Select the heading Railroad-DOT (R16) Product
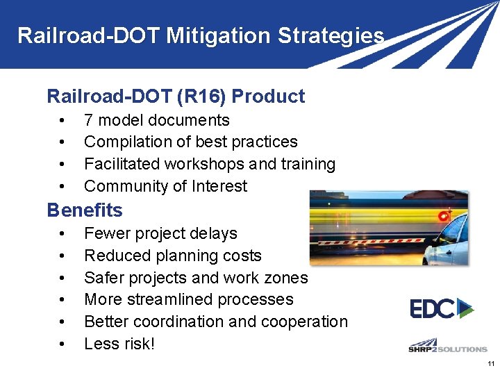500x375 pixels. click(175, 97)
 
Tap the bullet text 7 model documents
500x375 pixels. click(156, 120)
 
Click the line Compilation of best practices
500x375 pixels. click(190, 142)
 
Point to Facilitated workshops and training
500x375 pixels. click(209, 164)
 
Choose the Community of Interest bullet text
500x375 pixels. click(165, 186)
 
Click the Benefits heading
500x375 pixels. click(84, 210)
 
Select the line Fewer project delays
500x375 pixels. click(160, 233)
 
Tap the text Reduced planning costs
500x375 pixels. click(172, 256)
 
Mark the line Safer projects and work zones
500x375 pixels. click(195, 278)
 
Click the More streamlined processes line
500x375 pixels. click(188, 299)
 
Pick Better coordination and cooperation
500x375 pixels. click(215, 322)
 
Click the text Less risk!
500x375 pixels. click(119, 344)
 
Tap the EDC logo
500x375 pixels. click(441, 308)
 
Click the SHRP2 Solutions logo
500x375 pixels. click(447, 347)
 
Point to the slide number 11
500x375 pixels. click(491, 365)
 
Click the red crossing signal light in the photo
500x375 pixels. click(443, 216)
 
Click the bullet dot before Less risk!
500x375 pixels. click(63, 344)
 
